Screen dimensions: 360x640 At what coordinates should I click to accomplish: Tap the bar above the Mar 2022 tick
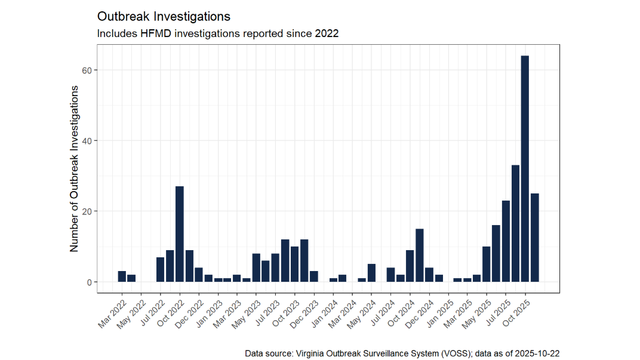pyautogui.click(x=122, y=276)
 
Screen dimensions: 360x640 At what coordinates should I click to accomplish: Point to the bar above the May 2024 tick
pyautogui.click(x=371, y=273)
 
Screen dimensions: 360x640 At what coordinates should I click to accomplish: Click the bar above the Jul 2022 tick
pyautogui.click(x=160, y=269)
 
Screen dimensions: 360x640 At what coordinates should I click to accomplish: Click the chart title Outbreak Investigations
pyautogui.click(x=164, y=16)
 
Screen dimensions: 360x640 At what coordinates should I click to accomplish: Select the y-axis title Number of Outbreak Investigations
pyautogui.click(x=74, y=168)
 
